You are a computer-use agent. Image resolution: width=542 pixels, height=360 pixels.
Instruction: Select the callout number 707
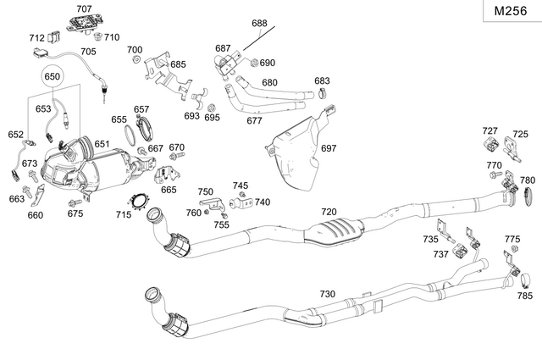(x=84, y=8)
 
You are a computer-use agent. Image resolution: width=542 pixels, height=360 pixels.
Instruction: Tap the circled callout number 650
(x=53, y=76)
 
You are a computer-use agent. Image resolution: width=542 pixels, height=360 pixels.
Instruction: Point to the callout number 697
(x=329, y=148)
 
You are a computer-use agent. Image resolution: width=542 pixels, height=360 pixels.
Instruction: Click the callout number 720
(x=329, y=211)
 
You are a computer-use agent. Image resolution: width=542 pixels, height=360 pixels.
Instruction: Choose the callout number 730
(x=327, y=293)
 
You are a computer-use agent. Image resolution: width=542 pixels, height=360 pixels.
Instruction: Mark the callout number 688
(x=259, y=24)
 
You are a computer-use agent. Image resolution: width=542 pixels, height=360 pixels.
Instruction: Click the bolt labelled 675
(x=74, y=203)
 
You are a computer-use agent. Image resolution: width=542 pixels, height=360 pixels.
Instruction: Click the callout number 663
(x=17, y=199)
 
